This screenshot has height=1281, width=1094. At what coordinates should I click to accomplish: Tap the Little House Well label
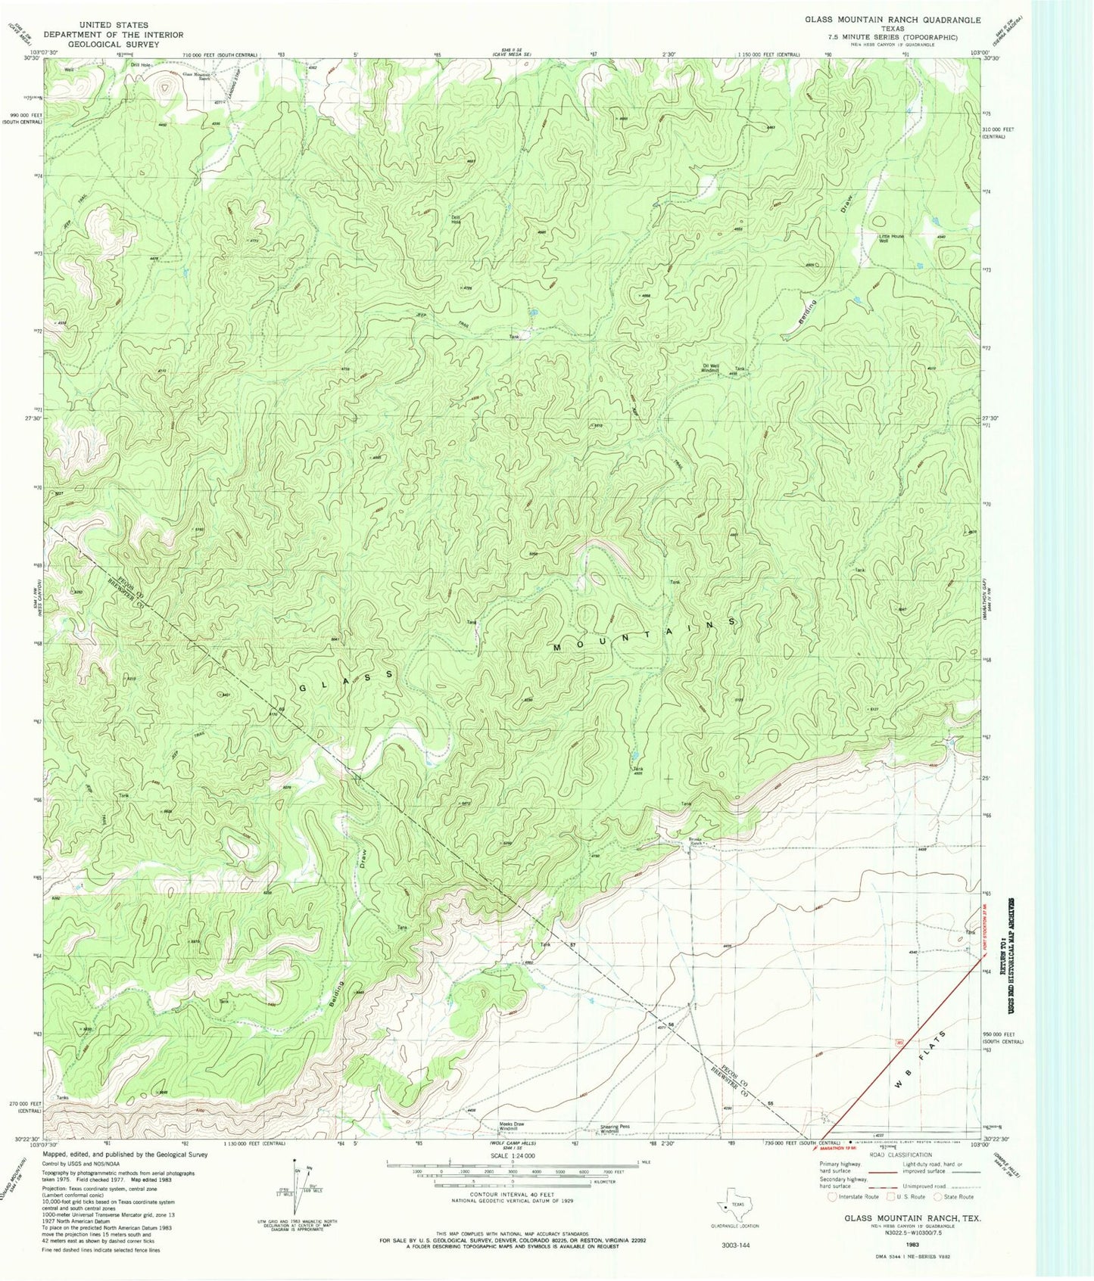coord(891,239)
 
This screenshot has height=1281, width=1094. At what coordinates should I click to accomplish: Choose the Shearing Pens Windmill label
coord(614,1128)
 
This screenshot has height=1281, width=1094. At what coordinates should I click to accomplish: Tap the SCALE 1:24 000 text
coord(512,1156)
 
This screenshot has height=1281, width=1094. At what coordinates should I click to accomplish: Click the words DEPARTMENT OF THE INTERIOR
coord(113,35)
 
